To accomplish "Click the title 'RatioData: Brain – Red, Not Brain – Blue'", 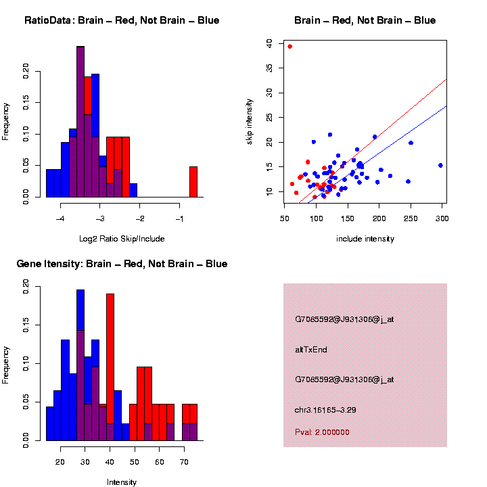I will click(122, 20).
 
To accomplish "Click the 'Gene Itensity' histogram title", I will click(122, 264).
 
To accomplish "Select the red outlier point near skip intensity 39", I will click(290, 47).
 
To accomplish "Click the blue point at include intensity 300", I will click(440, 165).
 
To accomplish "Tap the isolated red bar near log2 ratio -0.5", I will click(193, 181).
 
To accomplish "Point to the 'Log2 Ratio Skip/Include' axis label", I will click(122, 239).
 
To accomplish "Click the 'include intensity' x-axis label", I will click(365, 239).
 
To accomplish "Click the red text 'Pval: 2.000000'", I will click(322, 432).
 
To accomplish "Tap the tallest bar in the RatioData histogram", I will click(80, 122).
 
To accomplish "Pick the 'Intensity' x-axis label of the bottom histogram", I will click(122, 482).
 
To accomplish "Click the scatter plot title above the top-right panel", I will click(365, 20).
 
